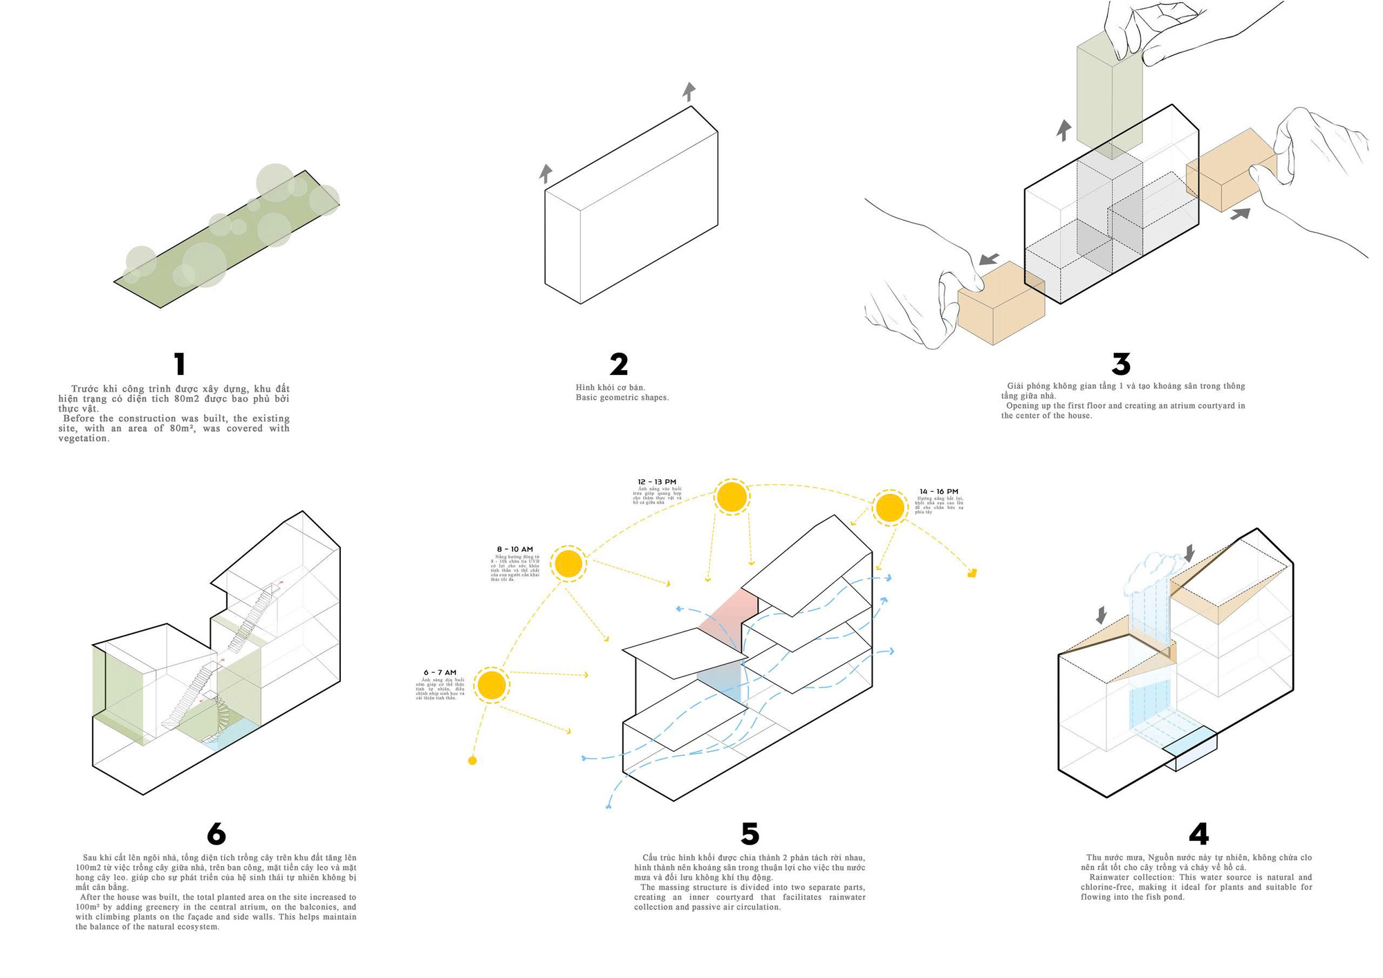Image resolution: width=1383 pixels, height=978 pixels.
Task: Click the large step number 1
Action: (x=180, y=364)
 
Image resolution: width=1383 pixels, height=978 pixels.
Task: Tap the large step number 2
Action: (x=619, y=364)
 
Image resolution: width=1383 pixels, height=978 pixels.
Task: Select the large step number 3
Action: (x=1121, y=364)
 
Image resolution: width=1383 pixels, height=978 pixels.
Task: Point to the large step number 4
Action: (x=1198, y=834)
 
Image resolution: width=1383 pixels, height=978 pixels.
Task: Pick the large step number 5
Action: (x=750, y=834)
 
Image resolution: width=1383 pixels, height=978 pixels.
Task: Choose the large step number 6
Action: (x=216, y=834)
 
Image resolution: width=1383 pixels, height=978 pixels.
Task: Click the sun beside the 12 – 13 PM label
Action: (x=732, y=497)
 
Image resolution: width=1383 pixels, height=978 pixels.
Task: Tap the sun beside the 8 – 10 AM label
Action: (x=568, y=564)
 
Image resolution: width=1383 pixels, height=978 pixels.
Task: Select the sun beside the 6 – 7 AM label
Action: (x=492, y=685)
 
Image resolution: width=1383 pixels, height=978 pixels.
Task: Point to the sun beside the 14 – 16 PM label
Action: (x=889, y=508)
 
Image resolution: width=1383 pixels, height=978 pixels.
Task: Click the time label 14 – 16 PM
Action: (x=938, y=492)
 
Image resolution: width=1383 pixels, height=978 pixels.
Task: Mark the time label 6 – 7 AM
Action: (x=440, y=672)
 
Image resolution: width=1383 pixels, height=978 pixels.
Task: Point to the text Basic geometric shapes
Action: (x=622, y=398)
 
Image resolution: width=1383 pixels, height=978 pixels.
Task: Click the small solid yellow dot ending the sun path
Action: (x=472, y=761)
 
